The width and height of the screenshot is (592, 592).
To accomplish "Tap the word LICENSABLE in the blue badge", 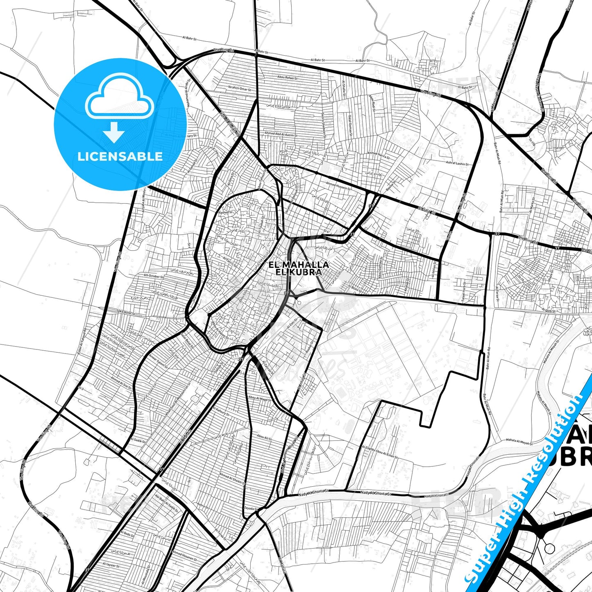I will tap(120, 157).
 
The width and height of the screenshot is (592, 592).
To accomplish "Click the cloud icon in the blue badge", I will tap(119, 98).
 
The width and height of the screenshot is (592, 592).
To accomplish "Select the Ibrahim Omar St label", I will tap(240, 89).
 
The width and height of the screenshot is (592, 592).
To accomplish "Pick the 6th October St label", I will tap(154, 276).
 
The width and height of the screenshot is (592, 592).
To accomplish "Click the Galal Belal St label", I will tap(187, 340).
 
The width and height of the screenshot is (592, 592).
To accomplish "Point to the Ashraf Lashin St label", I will tap(457, 163).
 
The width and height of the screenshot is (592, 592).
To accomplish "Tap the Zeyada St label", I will tap(250, 508).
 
